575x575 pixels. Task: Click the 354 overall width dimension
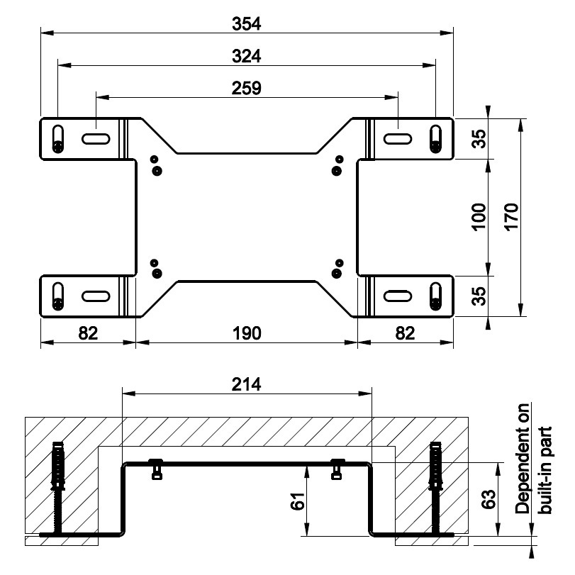tap(247, 23)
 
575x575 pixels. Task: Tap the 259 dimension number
tap(247, 88)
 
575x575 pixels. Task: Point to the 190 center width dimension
tap(247, 332)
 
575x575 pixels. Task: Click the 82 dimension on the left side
tap(87, 332)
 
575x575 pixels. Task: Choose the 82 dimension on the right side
tap(405, 332)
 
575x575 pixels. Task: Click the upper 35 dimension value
tap(479, 139)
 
